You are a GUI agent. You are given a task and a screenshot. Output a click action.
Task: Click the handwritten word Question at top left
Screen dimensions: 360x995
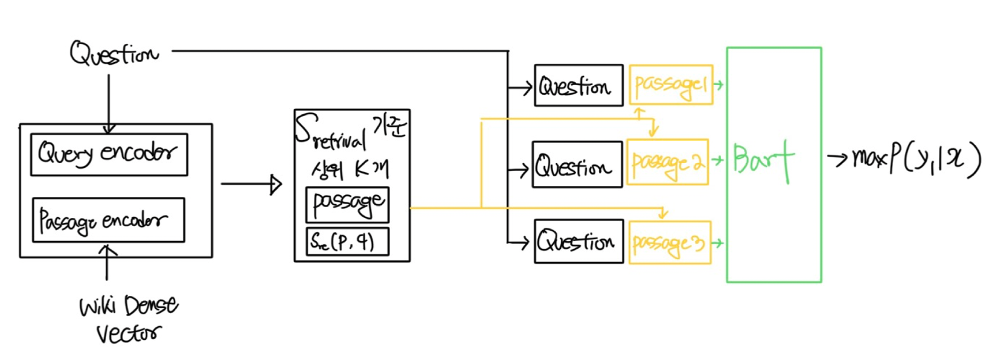pyautogui.click(x=114, y=54)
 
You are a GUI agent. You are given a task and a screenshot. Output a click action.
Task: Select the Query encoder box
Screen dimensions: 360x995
pyautogui.click(x=109, y=155)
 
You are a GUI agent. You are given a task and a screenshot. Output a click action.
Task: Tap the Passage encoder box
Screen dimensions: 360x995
pyautogui.click(x=108, y=220)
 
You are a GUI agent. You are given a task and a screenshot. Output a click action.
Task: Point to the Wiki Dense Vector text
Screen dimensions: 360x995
pyautogui.click(x=129, y=319)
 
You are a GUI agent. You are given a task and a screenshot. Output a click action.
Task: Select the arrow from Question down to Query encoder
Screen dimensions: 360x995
pyautogui.click(x=109, y=103)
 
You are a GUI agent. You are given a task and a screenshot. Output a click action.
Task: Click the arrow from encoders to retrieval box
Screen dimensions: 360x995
pyautogui.click(x=251, y=184)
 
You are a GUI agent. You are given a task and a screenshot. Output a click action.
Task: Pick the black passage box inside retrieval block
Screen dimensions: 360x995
pyautogui.click(x=347, y=205)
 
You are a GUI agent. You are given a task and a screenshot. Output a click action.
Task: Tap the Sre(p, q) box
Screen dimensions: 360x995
pyautogui.click(x=347, y=242)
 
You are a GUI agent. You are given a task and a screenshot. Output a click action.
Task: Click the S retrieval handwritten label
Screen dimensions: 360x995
pyautogui.click(x=332, y=133)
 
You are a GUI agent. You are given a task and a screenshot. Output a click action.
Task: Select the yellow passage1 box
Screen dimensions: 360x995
pyautogui.click(x=670, y=85)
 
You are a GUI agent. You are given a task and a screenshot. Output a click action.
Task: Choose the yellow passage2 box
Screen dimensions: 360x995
pyautogui.click(x=667, y=162)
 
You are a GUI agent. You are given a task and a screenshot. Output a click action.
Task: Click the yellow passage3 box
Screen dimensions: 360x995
pyautogui.click(x=670, y=243)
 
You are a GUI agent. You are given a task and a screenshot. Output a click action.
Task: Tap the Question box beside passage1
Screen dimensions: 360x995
pyautogui.click(x=578, y=86)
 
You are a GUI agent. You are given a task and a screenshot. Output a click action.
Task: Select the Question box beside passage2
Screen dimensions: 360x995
pyautogui.click(x=577, y=164)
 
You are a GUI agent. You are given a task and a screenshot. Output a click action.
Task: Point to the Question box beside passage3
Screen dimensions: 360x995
pyautogui.click(x=578, y=242)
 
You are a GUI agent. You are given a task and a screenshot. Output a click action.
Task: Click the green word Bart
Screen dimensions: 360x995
pyautogui.click(x=763, y=159)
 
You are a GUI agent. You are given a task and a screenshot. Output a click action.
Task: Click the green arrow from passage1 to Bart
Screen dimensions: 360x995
pyautogui.click(x=719, y=85)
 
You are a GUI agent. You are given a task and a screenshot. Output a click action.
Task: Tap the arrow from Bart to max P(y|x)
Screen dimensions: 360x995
pyautogui.click(x=837, y=159)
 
